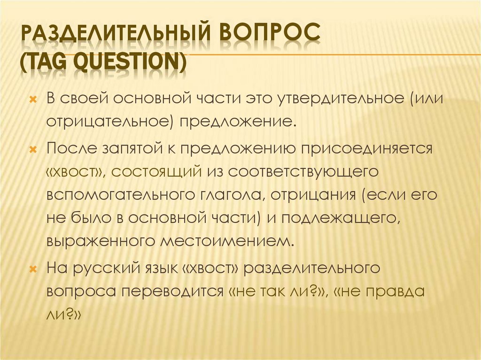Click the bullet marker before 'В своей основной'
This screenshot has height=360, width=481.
(x=32, y=100)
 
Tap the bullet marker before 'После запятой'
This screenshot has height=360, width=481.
(x=32, y=150)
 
